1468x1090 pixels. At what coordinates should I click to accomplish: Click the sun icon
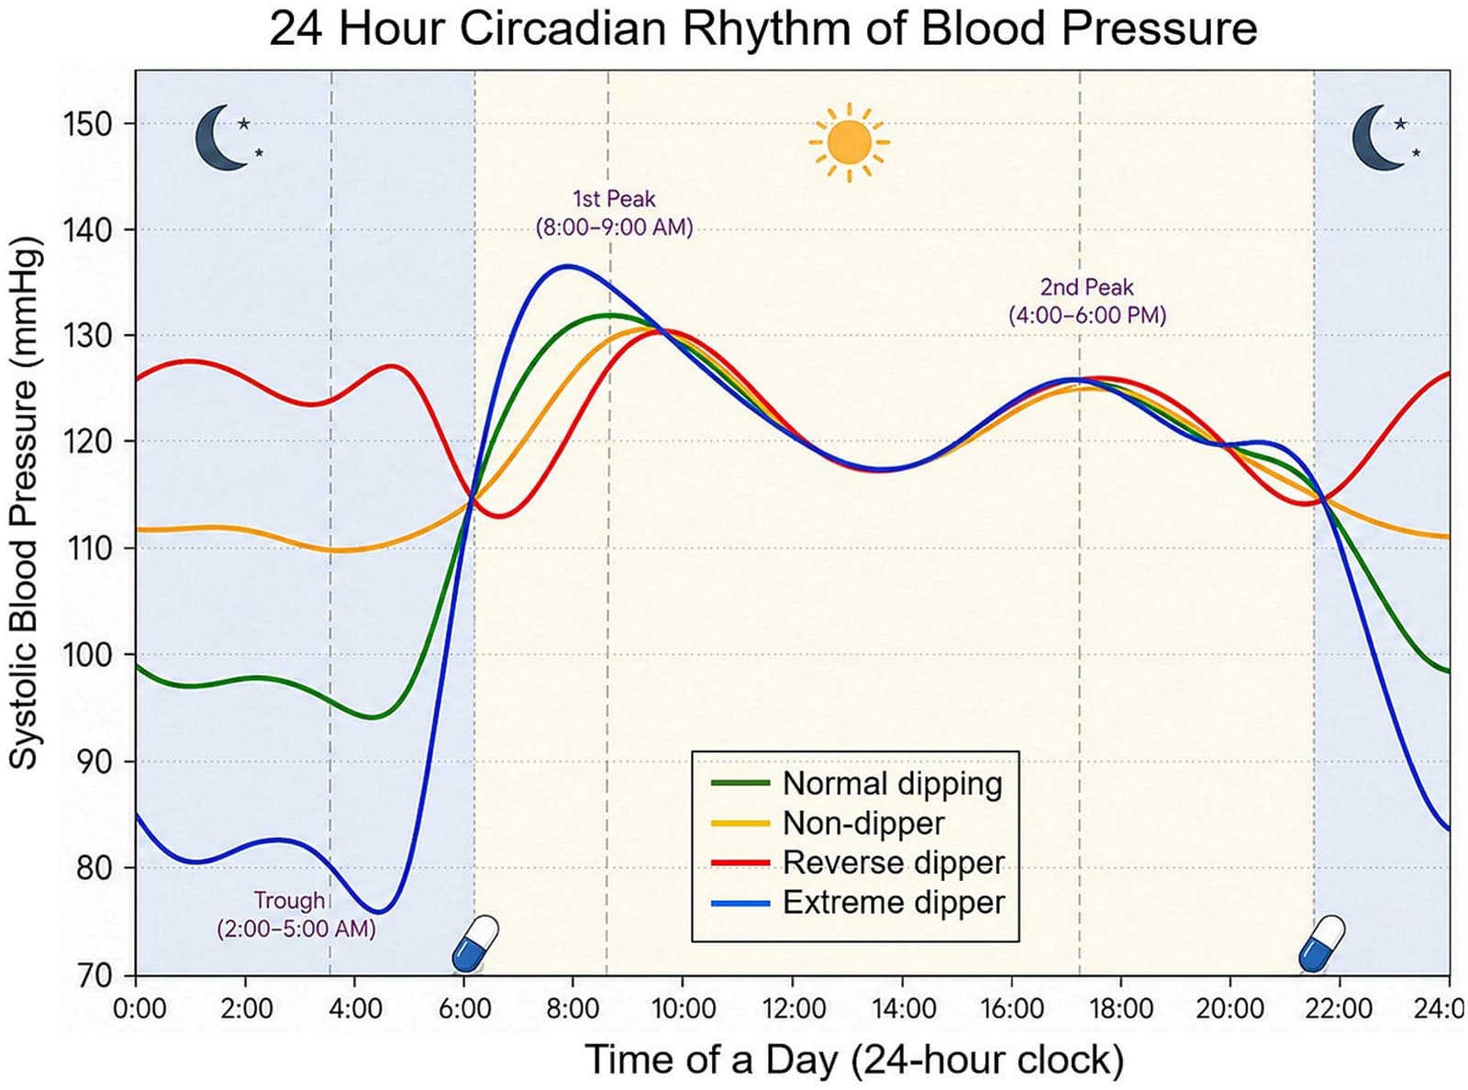(850, 142)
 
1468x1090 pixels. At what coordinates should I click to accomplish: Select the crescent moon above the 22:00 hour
(1374, 139)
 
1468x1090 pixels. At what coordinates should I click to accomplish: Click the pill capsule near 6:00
(474, 944)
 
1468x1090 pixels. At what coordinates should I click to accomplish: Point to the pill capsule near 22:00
(1321, 944)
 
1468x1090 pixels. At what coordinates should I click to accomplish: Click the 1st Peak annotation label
(614, 213)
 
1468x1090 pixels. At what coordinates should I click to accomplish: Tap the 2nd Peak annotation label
(1086, 301)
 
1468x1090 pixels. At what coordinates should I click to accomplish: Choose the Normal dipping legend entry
(857, 784)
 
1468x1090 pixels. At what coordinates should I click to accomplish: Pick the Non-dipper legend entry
(828, 823)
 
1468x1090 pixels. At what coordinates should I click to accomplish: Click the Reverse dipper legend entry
(858, 863)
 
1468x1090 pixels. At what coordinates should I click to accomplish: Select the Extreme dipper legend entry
(858, 903)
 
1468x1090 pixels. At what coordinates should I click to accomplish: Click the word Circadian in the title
(563, 28)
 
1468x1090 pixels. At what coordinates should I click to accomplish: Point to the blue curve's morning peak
(569, 266)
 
